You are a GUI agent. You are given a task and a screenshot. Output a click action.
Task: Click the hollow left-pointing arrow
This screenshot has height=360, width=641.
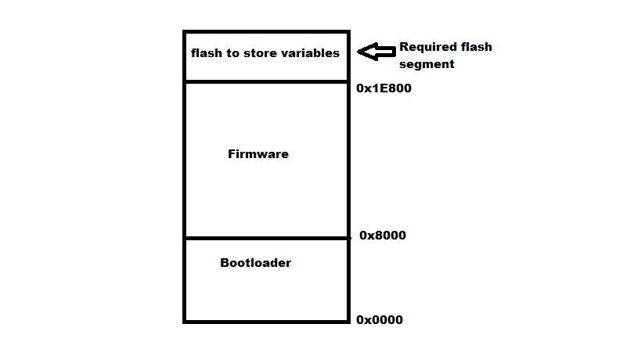click(x=376, y=52)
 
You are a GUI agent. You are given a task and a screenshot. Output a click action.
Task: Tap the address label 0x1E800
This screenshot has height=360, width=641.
click(x=384, y=88)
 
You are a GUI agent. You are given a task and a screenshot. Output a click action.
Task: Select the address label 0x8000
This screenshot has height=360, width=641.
click(x=383, y=235)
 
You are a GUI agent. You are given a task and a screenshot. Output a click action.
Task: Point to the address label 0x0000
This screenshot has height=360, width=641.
click(x=380, y=319)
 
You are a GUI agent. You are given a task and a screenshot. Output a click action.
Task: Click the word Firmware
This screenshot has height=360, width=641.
click(x=258, y=154)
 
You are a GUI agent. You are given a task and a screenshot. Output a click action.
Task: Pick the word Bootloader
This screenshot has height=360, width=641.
click(x=255, y=263)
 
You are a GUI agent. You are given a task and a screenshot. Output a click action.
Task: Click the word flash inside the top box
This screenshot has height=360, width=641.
click(x=207, y=53)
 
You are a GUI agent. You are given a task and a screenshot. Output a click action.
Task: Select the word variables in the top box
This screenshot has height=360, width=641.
click(x=311, y=53)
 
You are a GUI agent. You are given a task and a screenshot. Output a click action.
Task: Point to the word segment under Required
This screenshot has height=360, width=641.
click(x=427, y=64)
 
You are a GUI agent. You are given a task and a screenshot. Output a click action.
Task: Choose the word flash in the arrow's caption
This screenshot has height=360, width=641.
click(x=477, y=47)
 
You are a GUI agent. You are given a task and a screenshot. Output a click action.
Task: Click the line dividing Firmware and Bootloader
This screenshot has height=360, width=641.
click(x=266, y=238)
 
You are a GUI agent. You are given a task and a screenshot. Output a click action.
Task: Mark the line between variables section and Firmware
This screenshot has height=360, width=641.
click(x=266, y=81)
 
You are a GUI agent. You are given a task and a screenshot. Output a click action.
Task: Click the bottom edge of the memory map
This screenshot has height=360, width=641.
click(x=266, y=321)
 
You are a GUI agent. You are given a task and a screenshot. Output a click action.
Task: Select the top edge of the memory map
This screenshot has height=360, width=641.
click(x=266, y=32)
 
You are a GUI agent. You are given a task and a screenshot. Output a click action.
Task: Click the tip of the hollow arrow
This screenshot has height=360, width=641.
click(x=359, y=52)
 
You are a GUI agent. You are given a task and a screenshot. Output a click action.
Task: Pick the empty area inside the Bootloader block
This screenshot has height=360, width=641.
click(x=266, y=293)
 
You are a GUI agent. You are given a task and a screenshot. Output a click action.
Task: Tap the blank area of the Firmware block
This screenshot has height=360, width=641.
click(x=266, y=196)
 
